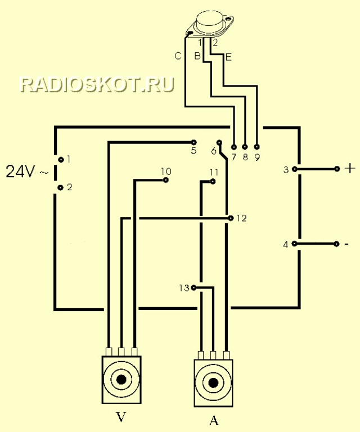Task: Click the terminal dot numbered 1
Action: tap(61, 159)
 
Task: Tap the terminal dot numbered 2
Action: tap(61, 188)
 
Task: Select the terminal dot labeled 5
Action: tap(193, 142)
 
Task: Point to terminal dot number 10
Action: tap(165, 180)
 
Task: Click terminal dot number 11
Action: tap(213, 181)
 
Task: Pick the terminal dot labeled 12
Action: tap(231, 218)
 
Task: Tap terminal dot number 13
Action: tap(193, 287)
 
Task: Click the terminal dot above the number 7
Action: tap(234, 147)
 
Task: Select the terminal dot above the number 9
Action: tap(256, 147)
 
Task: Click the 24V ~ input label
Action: tap(27, 172)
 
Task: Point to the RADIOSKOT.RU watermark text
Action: tap(97, 84)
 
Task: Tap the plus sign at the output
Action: tap(350, 168)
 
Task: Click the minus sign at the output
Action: tap(346, 244)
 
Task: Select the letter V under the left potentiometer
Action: tap(121, 417)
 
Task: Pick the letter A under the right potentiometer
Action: tap(214, 420)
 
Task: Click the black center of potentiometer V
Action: tap(121, 380)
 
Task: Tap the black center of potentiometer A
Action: tap(213, 382)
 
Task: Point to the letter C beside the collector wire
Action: tap(178, 56)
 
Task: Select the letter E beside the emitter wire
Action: tap(228, 57)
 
